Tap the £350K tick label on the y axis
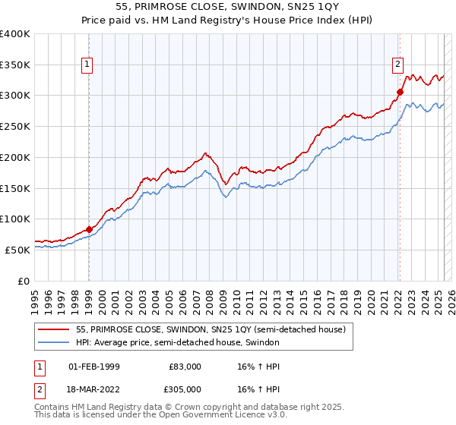click(15, 65)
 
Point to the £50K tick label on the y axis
click(18, 250)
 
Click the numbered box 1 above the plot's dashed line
click(89, 65)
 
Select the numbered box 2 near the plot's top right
click(397, 65)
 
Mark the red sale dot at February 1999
click(89, 229)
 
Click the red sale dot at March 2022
click(399, 93)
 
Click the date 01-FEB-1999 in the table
click(94, 367)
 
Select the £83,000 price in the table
click(185, 367)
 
